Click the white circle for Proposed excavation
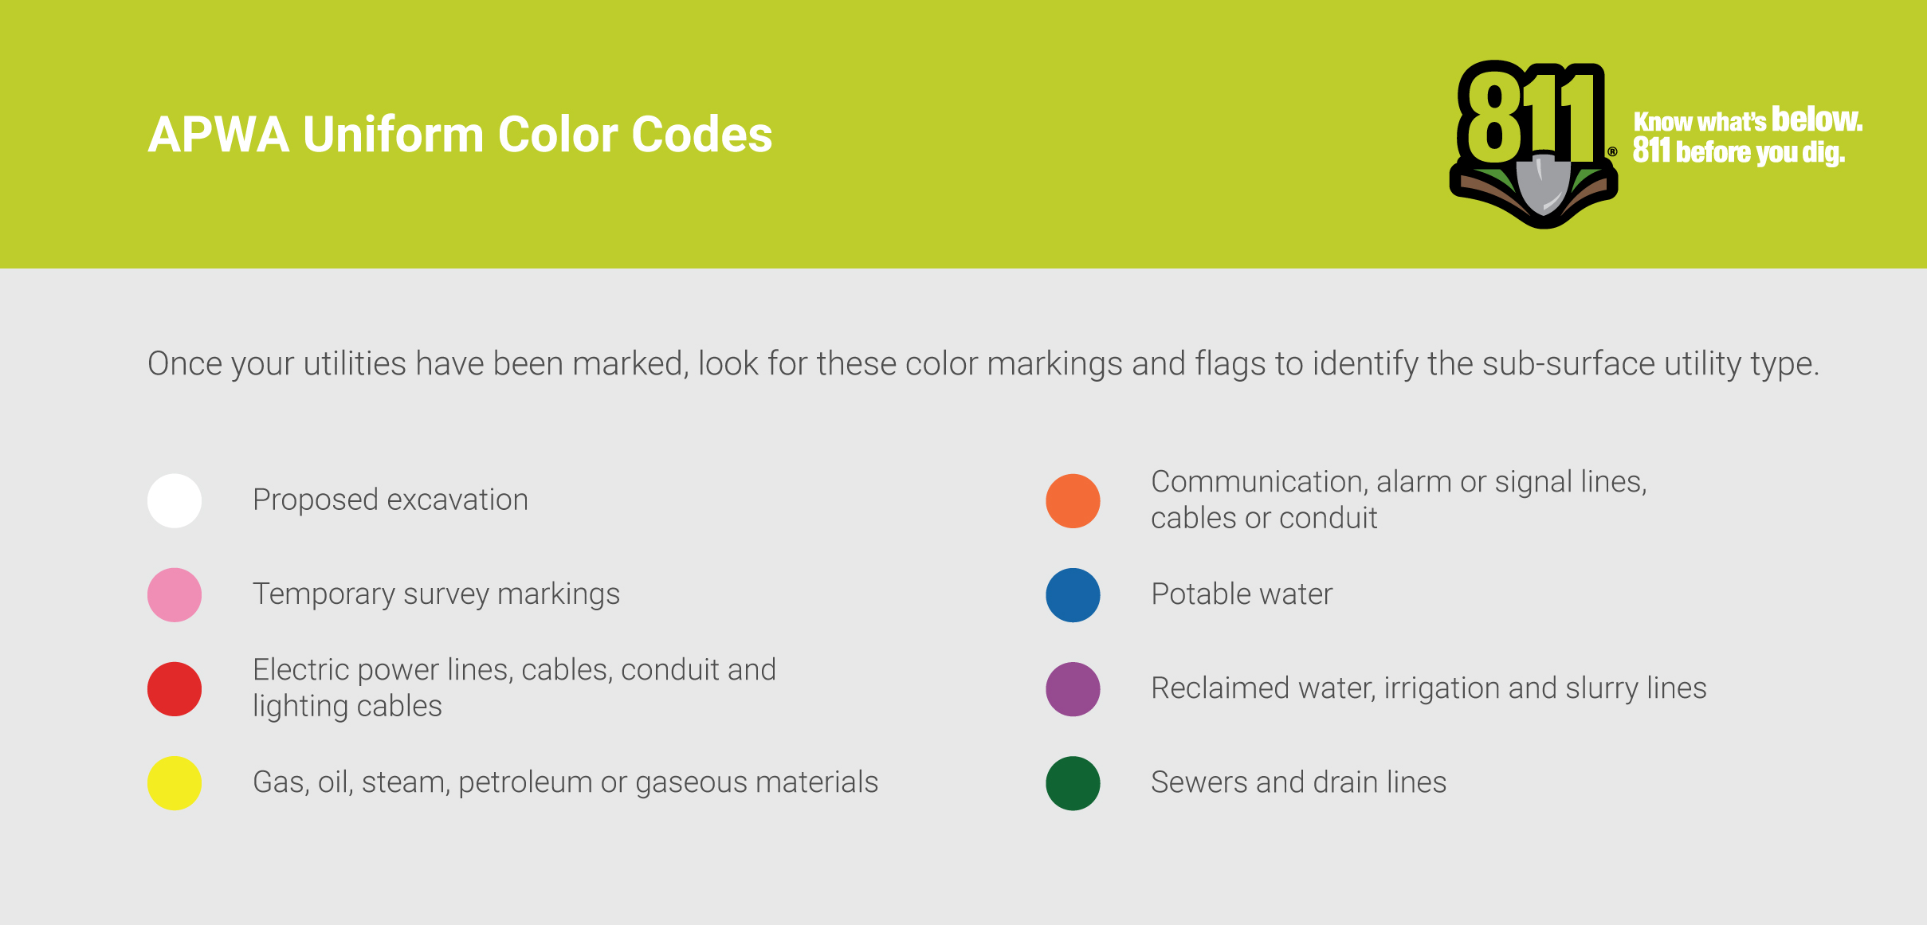tap(175, 500)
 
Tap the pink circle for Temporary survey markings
tap(175, 594)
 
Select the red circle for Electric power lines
tap(175, 688)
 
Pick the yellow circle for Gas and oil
tap(175, 782)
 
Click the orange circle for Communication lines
tap(1073, 500)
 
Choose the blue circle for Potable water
tap(1073, 594)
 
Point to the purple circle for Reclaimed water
tap(1073, 688)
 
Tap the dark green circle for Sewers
tap(1073, 782)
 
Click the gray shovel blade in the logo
tap(1544, 185)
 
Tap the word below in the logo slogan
tap(1816, 120)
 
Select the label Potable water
tap(1242, 594)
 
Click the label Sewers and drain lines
tap(1299, 782)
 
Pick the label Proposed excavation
tap(391, 500)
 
